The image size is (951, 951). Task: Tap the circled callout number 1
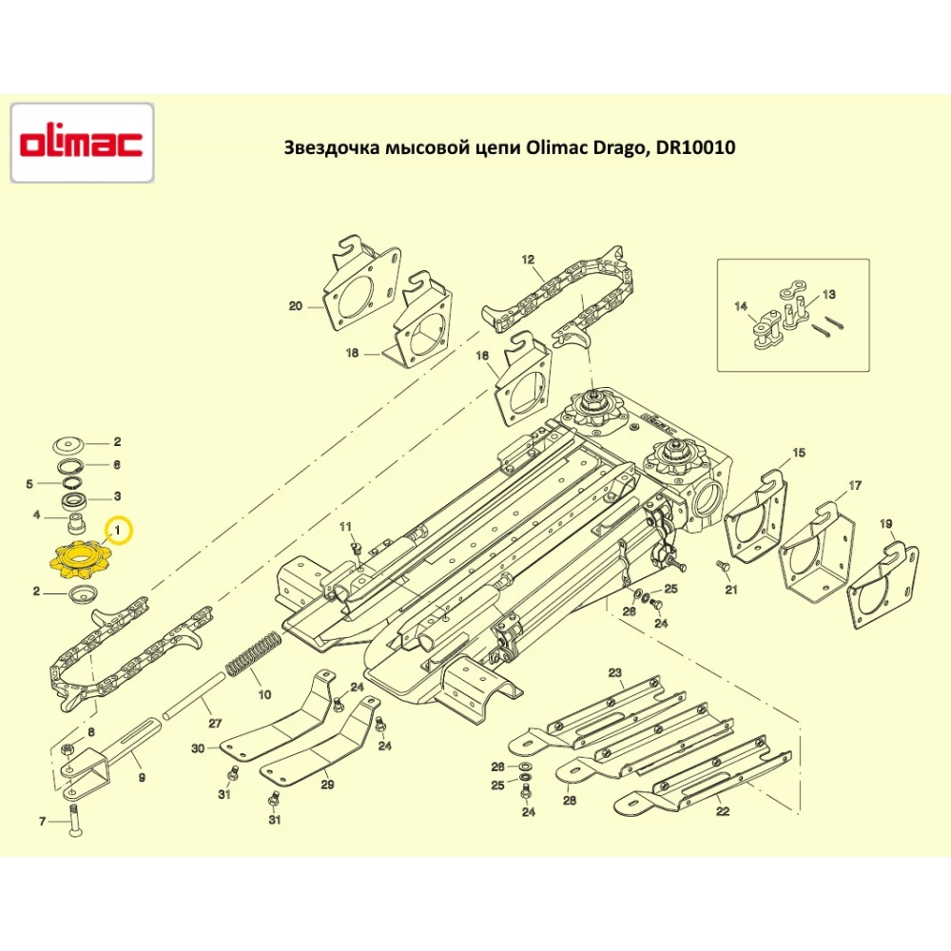tap(118, 528)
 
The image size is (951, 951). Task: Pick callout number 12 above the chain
tap(528, 259)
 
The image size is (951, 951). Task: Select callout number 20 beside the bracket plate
tap(295, 306)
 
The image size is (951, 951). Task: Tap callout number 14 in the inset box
tap(741, 306)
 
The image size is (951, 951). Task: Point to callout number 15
tap(798, 453)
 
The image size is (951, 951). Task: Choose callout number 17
tap(855, 486)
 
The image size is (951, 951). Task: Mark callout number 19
tap(885, 523)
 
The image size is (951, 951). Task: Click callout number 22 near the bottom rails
tap(723, 811)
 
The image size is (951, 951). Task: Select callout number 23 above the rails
tap(615, 673)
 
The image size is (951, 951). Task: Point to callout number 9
tap(142, 777)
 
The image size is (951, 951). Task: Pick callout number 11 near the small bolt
tap(345, 527)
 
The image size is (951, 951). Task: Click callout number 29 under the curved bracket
tap(326, 785)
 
